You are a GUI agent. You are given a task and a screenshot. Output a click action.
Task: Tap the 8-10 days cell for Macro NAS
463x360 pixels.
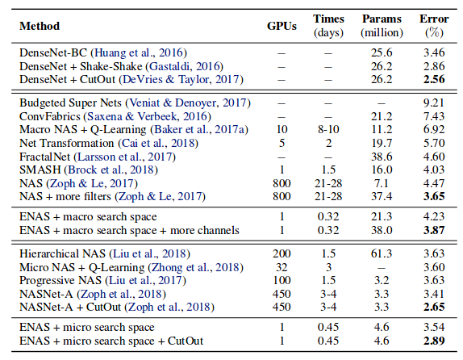pyautogui.click(x=328, y=131)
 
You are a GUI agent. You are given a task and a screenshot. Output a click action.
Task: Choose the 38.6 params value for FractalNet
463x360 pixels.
pyautogui.click(x=382, y=157)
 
